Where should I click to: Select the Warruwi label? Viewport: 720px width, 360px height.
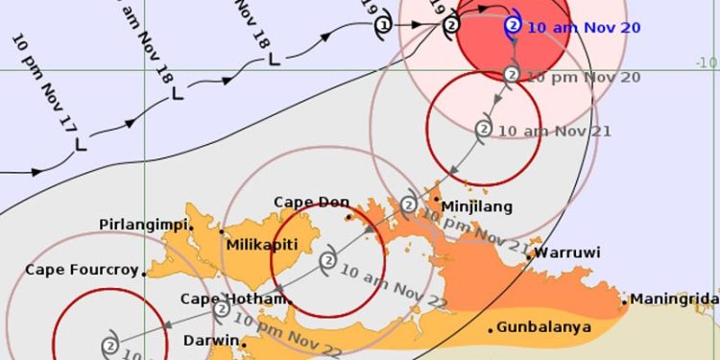coord(567,253)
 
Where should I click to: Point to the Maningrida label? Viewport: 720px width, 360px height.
coord(675,300)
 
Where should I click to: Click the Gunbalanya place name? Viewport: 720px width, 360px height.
coord(540,328)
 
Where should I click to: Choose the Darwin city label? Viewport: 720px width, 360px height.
coord(209,341)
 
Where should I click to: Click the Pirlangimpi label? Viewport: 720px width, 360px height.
coord(144,225)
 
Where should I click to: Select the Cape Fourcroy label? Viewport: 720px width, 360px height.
coord(82,271)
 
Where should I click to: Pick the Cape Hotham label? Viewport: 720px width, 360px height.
coord(234,299)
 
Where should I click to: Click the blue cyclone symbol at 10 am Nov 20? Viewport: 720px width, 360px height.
coord(513,26)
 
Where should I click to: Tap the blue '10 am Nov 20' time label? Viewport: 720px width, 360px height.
coord(585,27)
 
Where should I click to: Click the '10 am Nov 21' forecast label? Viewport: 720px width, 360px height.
coord(555,131)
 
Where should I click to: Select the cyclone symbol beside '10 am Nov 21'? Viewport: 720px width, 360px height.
coord(484,129)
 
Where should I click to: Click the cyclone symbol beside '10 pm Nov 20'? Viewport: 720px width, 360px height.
coord(512,74)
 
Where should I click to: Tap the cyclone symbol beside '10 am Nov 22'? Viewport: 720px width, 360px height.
coord(328,260)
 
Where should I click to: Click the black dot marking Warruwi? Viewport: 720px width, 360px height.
coord(529,257)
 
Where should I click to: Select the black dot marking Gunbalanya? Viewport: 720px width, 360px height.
coord(491,330)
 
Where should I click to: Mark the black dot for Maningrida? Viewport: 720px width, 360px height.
coord(624,301)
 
